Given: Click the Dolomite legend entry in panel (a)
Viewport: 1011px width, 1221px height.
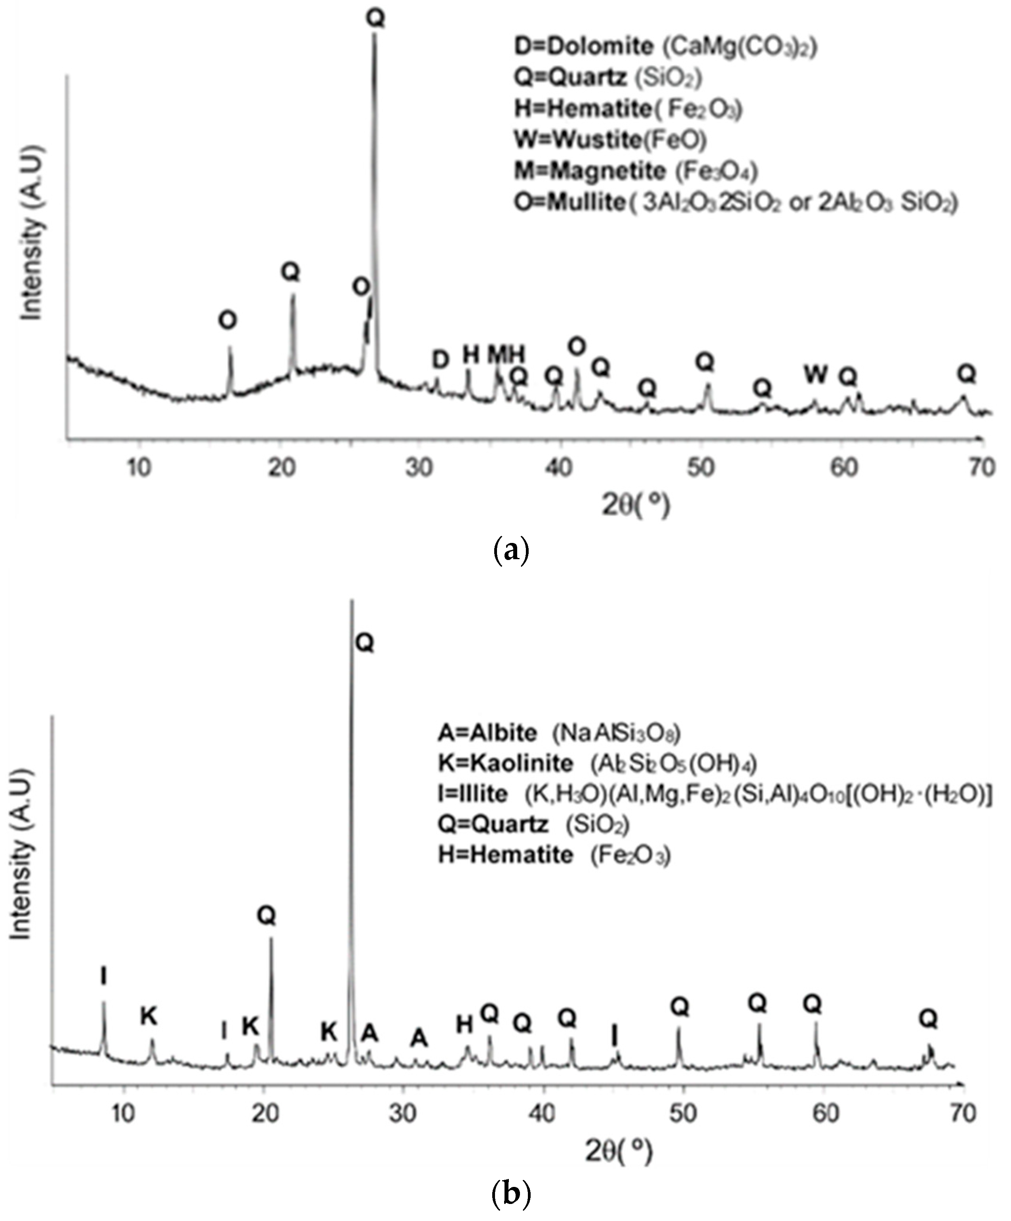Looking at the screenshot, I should click(665, 46).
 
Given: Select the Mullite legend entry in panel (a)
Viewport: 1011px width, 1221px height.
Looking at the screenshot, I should click(735, 203).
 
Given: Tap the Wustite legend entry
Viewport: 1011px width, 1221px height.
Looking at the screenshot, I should click(610, 139).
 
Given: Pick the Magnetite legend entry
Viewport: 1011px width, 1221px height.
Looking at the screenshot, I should click(636, 171).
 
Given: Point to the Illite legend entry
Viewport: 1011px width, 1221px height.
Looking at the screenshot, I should click(715, 794).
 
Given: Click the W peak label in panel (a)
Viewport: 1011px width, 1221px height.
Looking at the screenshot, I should click(816, 375).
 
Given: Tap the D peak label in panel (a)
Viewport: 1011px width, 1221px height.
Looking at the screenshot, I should click(440, 360).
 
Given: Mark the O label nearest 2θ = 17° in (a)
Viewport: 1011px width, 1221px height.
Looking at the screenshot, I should click(228, 320).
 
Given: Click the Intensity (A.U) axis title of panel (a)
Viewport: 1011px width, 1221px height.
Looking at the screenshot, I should click(32, 233).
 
